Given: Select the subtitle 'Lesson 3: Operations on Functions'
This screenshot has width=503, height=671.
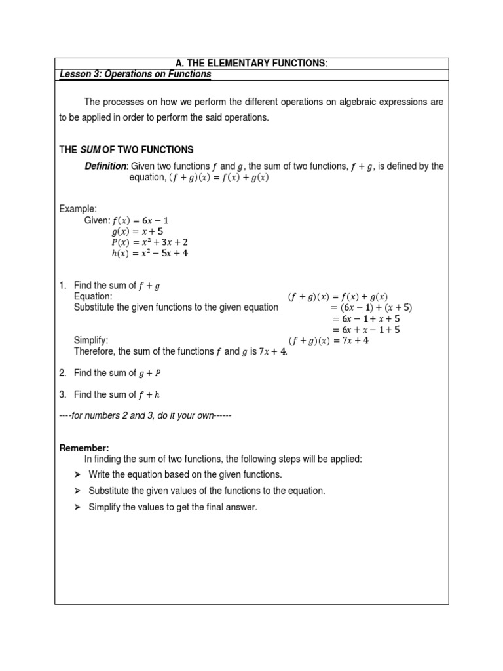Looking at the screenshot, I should pos(136,75).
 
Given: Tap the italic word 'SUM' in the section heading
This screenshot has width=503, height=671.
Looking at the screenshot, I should pos(90,150).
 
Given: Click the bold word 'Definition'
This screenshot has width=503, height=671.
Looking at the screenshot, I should pos(106,166).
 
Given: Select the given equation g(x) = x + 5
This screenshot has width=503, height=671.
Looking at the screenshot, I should pos(139,231).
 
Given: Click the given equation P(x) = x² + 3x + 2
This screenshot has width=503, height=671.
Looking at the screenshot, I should pos(149,242).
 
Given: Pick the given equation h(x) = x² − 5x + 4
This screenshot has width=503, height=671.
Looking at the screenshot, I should pos(149,253).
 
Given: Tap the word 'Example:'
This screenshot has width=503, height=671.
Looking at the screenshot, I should pos(78,208).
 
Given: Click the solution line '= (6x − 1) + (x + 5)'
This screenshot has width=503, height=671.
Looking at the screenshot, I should pos(371,307).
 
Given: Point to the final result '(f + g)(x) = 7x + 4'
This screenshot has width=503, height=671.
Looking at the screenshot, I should pos(329,341).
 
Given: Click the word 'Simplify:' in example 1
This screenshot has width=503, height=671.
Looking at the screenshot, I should pos(91,341).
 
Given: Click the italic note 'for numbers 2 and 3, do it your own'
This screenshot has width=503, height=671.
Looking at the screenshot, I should pos(145,416).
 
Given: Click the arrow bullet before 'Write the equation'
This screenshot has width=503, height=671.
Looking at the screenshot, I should pos(77,474).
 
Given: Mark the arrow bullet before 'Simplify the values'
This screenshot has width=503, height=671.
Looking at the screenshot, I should pos(77,507).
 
